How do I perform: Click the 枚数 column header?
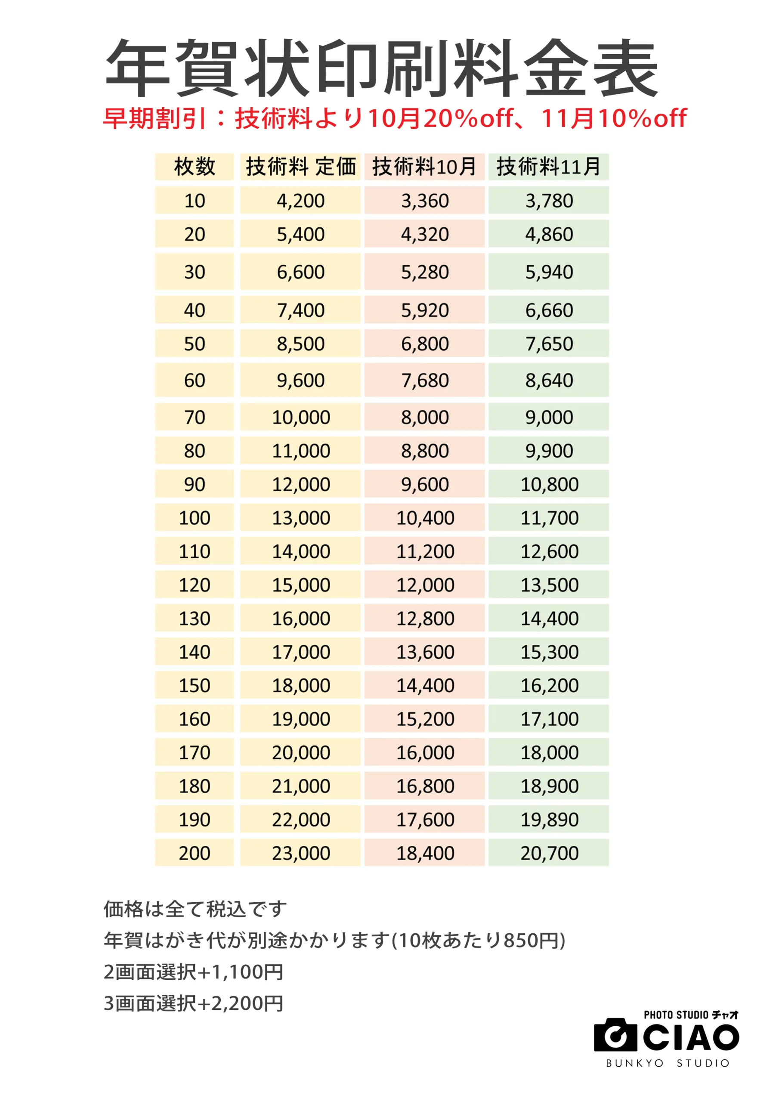coord(195,167)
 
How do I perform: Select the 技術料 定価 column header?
coord(300,167)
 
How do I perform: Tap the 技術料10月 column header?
coord(424,167)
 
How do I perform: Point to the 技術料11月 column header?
coord(549,167)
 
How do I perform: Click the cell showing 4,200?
coord(300,201)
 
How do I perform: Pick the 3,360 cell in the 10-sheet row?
coord(425,201)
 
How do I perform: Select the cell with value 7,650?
coord(549,344)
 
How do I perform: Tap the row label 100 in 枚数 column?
coord(195,518)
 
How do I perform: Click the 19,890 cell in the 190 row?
coord(549,819)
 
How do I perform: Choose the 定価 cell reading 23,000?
coord(301,853)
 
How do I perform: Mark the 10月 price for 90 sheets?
coord(425,484)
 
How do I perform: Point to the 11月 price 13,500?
coord(549,585)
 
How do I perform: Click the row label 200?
coord(195,853)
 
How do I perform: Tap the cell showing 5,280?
coord(425,272)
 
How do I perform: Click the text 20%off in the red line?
coord(468,118)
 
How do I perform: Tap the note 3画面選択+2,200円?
coord(193,1003)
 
